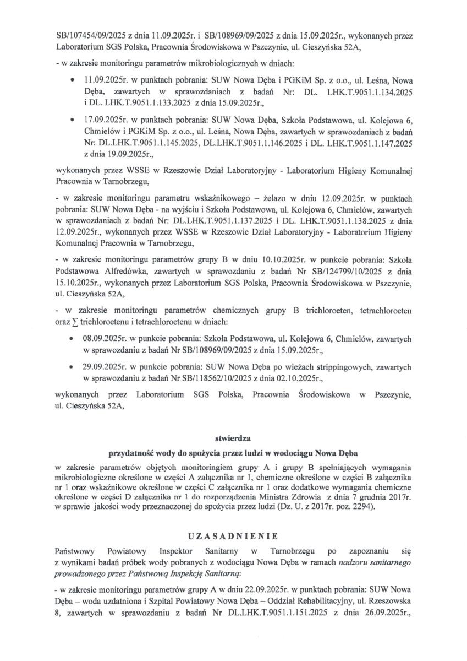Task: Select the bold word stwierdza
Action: click(x=233, y=438)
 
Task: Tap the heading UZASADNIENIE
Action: click(x=233, y=535)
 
